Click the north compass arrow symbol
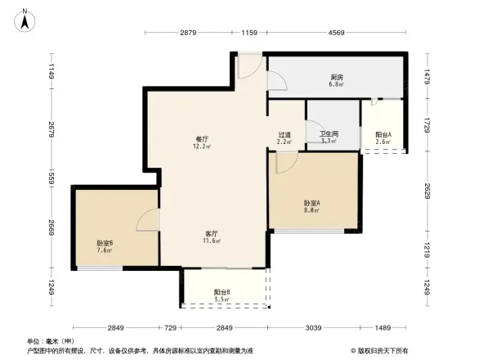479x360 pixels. pos(25,19)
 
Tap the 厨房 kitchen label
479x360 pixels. pos(337,77)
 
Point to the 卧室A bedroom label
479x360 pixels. pos(311,203)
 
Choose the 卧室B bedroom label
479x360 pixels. pos(105,242)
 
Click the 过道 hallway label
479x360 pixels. pos(284,134)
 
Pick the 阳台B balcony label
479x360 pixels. pos(222,292)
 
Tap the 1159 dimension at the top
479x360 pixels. pos(250,33)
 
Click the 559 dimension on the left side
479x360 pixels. pos(51,178)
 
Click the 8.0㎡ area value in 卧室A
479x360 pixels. pos(311,210)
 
